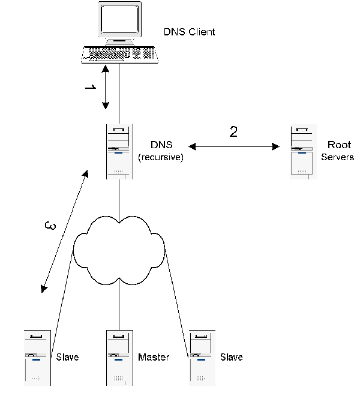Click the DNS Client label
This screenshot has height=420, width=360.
189,32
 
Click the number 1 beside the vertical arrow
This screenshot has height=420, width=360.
90,88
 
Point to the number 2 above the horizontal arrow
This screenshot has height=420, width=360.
233,131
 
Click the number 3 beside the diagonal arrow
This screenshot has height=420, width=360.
52,226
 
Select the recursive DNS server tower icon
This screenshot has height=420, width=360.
119,152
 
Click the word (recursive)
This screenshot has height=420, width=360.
160,157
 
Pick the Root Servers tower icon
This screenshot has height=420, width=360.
302,152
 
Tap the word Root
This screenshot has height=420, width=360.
339,145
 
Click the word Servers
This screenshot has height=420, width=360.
337,157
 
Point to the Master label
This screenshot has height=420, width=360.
154,358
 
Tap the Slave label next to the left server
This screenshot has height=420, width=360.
67,358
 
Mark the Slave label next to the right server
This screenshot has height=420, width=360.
231,358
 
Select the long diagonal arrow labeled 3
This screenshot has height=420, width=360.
65,231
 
